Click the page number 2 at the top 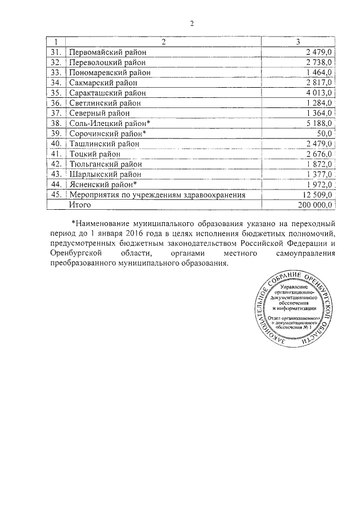[191, 23]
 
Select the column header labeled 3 [298, 42]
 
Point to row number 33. [55, 73]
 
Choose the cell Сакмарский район [100, 83]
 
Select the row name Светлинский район [104, 103]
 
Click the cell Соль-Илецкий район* [109, 123]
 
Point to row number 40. [55, 144]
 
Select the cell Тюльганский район [105, 164]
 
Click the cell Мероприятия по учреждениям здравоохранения [157, 195]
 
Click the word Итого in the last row [80, 205]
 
